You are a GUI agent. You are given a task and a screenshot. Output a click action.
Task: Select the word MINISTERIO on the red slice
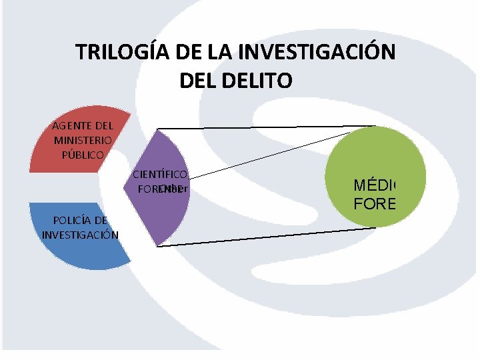83,140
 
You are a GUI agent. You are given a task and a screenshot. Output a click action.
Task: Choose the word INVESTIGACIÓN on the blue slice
80,235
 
